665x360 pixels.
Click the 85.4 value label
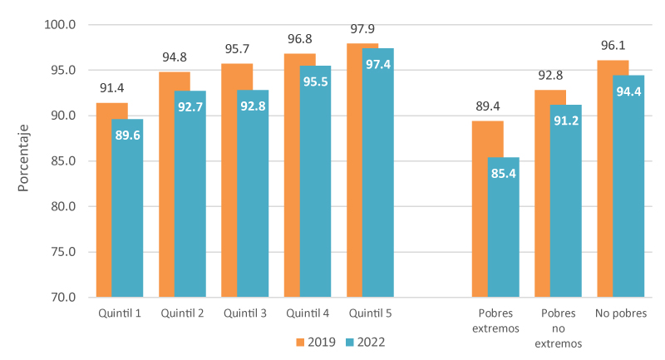[503, 174]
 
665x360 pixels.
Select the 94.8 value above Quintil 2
[175, 57]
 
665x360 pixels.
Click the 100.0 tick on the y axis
[59, 25]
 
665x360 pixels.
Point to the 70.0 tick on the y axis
[62, 297]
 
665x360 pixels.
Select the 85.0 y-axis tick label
[62, 160]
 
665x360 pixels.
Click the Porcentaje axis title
[24, 159]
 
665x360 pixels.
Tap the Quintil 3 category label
[245, 313]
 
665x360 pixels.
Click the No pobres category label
[620, 313]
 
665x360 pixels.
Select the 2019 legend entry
[316, 342]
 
